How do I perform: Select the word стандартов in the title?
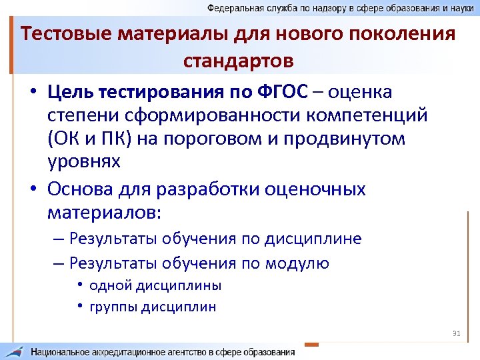pyautogui.click(x=239, y=61)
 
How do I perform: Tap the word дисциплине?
pyautogui.click(x=313, y=239)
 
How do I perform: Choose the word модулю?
pyautogui.click(x=297, y=263)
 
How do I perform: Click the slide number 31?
pyautogui.click(x=457, y=333)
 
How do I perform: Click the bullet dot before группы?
pyautogui.click(x=79, y=307)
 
